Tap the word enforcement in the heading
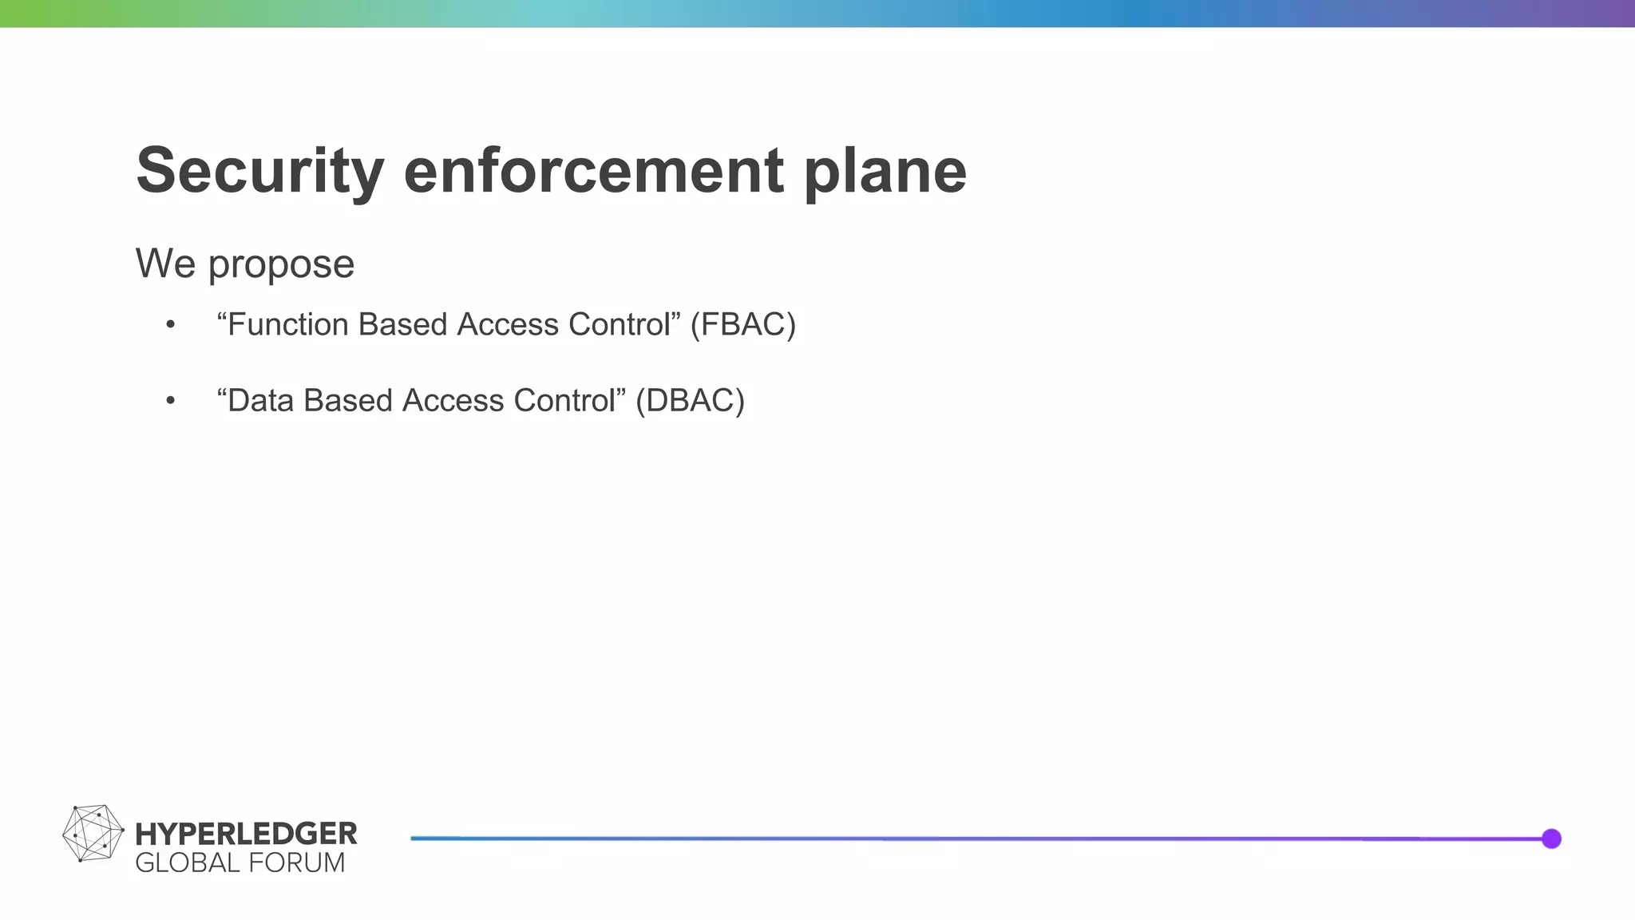(594, 171)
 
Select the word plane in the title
(885, 171)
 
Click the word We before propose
(165, 264)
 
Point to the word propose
(281, 265)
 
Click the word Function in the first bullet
(288, 324)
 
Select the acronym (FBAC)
(743, 324)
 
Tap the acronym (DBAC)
(690, 400)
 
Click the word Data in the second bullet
(260, 400)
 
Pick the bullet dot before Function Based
(170, 325)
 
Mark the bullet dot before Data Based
(170, 401)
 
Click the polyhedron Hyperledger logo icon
(93, 834)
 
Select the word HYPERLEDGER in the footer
(246, 834)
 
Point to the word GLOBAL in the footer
(187, 863)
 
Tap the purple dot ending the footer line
(1551, 839)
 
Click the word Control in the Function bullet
(619, 324)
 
